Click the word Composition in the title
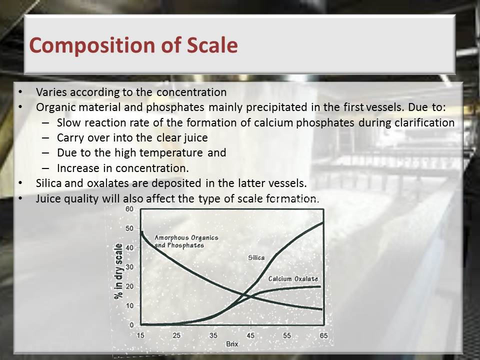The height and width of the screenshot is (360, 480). [x=92, y=45]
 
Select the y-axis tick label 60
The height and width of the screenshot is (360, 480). [x=129, y=209]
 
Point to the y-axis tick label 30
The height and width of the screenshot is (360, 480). [x=129, y=267]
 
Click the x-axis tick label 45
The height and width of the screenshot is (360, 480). [x=250, y=335]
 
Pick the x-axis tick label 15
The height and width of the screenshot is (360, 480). [x=140, y=335]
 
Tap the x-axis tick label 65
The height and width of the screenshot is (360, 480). [x=323, y=335]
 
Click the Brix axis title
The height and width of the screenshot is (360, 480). [x=232, y=344]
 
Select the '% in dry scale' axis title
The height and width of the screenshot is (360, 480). [x=118, y=271]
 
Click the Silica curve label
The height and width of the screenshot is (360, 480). [x=256, y=258]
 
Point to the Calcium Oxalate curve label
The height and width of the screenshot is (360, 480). [x=293, y=279]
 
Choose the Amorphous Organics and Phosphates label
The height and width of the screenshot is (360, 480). [x=186, y=241]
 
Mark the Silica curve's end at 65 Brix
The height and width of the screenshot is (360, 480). [x=323, y=222]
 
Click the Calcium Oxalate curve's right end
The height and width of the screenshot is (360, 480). [x=320, y=286]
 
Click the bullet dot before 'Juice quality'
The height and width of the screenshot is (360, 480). [x=20, y=198]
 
